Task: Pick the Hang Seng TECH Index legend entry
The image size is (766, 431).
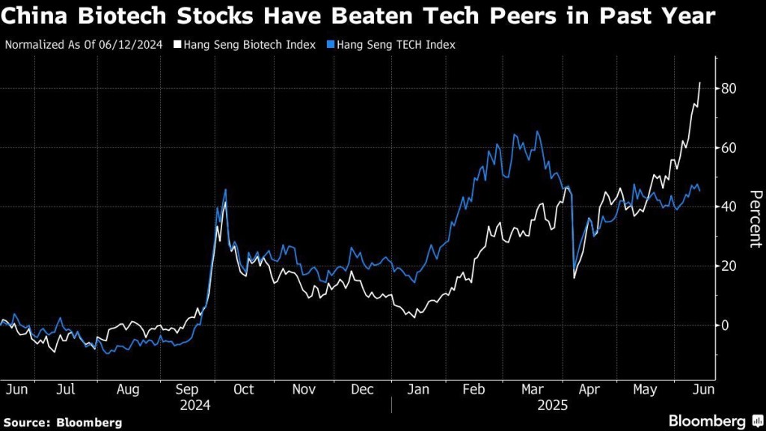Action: [x=396, y=45]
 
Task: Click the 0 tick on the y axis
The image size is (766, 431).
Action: [x=724, y=325]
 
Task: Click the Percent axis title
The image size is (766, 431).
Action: [x=755, y=218]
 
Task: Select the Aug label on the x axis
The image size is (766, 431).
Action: [x=128, y=390]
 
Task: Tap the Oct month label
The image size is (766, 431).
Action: [x=244, y=390]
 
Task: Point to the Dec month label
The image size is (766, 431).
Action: [x=362, y=390]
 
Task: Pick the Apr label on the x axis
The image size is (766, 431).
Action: [x=590, y=390]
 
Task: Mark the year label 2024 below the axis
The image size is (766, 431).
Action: [x=194, y=406]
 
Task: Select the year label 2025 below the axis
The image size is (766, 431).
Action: [x=554, y=406]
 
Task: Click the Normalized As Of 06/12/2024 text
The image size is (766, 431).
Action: [x=85, y=45]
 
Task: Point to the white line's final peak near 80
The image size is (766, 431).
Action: [x=699, y=83]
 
